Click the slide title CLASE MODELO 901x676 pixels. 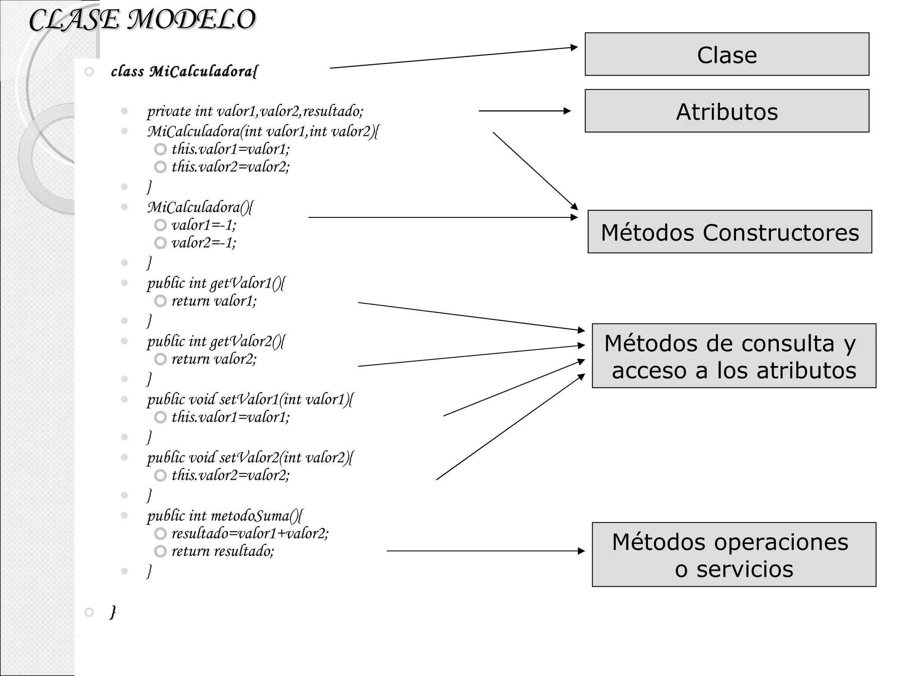(x=142, y=20)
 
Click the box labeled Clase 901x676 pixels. (x=726, y=55)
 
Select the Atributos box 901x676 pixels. (x=726, y=111)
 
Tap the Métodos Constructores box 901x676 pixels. (x=729, y=232)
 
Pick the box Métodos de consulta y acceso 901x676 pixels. (x=733, y=356)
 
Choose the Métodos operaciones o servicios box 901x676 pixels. (x=733, y=555)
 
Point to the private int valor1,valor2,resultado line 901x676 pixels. (x=255, y=111)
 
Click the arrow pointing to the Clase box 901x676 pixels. (x=453, y=58)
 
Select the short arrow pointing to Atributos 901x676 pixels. (x=524, y=111)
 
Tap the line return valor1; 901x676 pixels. (x=214, y=301)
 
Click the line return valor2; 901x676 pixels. (x=214, y=359)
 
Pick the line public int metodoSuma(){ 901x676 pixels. (x=224, y=515)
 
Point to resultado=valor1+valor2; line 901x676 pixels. (x=250, y=533)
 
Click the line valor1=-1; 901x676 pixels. (x=204, y=225)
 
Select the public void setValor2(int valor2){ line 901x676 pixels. (x=250, y=458)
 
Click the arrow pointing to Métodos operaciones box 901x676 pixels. (x=484, y=551)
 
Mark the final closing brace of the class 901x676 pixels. (x=113, y=612)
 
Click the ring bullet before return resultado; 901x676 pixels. (x=161, y=551)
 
